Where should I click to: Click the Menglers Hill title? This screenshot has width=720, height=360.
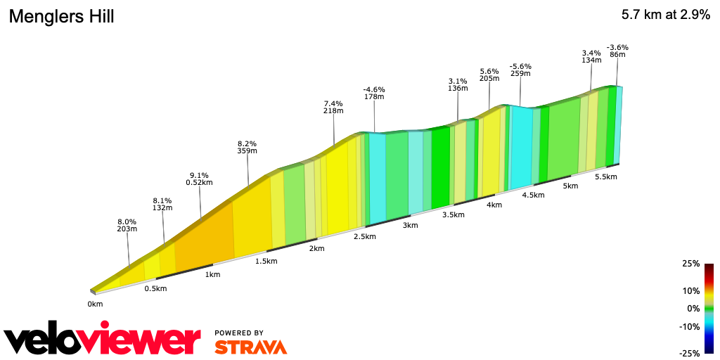coord(61,16)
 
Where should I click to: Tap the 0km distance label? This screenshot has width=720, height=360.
coord(95,304)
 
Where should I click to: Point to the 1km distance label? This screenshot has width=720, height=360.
coord(212,274)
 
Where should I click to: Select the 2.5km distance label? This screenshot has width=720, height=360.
coord(364,236)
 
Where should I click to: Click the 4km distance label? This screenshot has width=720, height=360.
coord(494,205)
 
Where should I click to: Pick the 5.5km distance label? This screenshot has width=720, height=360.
coord(605,177)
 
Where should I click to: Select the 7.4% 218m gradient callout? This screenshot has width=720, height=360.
coord(333,106)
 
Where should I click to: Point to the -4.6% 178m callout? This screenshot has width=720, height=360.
coord(374,93)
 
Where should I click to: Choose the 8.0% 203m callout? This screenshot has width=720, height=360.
coord(127,225)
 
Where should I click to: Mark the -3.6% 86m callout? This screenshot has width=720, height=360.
coord(617,51)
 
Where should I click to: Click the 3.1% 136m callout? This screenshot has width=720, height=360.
coord(458,84)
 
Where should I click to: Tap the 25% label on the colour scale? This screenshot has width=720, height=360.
coord(691,264)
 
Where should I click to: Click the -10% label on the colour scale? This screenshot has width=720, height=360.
coord(690,326)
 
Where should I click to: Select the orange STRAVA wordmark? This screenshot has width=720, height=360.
coord(250,347)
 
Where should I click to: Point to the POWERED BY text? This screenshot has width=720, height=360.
coord(239,333)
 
